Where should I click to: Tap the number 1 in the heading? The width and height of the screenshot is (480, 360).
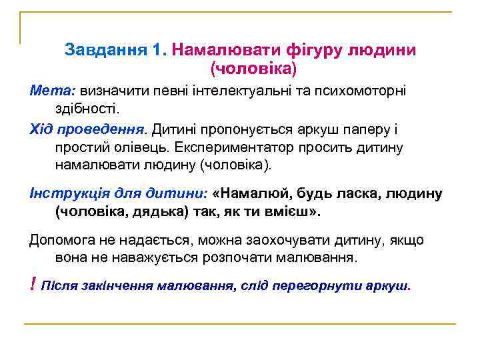pyautogui.click(x=157, y=50)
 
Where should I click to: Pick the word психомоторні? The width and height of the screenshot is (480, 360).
pyautogui.click(x=364, y=89)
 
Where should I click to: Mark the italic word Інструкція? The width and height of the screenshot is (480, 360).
pyautogui.click(x=67, y=193)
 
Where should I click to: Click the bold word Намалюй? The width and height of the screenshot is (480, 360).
pyautogui.click(x=251, y=193)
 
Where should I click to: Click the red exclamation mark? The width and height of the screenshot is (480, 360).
pyautogui.click(x=33, y=285)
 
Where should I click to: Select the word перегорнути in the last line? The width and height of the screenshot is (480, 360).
pyautogui.click(x=322, y=286)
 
